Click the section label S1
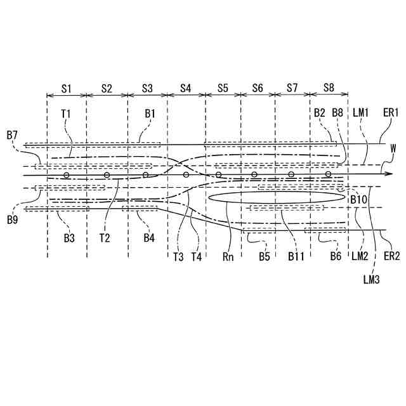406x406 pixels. [67, 88]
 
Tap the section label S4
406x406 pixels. [186, 88]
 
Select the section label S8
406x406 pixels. [329, 88]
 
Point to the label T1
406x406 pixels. [65, 114]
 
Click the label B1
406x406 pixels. [150, 114]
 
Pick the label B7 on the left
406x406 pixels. [12, 134]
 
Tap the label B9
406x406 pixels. [12, 219]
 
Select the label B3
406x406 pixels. [69, 239]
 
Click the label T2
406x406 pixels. [105, 239]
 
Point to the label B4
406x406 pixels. [149, 239]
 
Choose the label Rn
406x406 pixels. [229, 256]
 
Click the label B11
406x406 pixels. [296, 256]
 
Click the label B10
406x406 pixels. [360, 199]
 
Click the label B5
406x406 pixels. [265, 256]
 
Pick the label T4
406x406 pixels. [197, 256]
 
